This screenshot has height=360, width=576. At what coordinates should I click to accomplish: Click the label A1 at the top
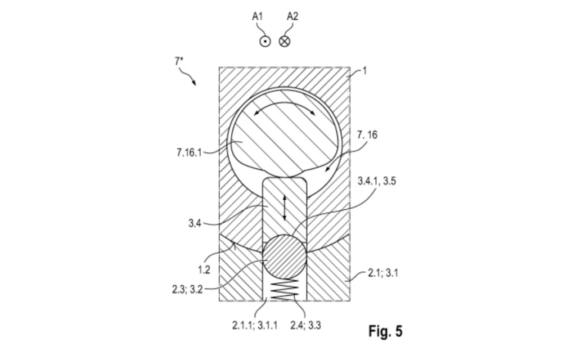[x=258, y=16]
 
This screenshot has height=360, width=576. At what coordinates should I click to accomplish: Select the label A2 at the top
[x=292, y=16]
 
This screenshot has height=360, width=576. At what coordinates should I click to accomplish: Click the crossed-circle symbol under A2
[x=285, y=40]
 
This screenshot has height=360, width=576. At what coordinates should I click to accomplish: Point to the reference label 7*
[x=179, y=62]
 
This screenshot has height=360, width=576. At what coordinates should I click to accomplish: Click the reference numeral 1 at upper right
[x=364, y=72]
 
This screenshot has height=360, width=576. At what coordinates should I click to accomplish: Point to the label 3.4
[x=195, y=223]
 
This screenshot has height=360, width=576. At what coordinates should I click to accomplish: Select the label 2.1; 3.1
[x=382, y=273]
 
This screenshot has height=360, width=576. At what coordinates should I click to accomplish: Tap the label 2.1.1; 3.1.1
[x=255, y=325]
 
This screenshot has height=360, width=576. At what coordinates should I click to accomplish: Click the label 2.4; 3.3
[x=305, y=325]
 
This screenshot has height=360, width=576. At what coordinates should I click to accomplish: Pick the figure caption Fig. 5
[x=385, y=331]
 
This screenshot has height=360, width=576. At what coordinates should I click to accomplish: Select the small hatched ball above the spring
[x=285, y=256]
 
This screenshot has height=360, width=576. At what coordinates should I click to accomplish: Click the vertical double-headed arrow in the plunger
[x=285, y=207]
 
